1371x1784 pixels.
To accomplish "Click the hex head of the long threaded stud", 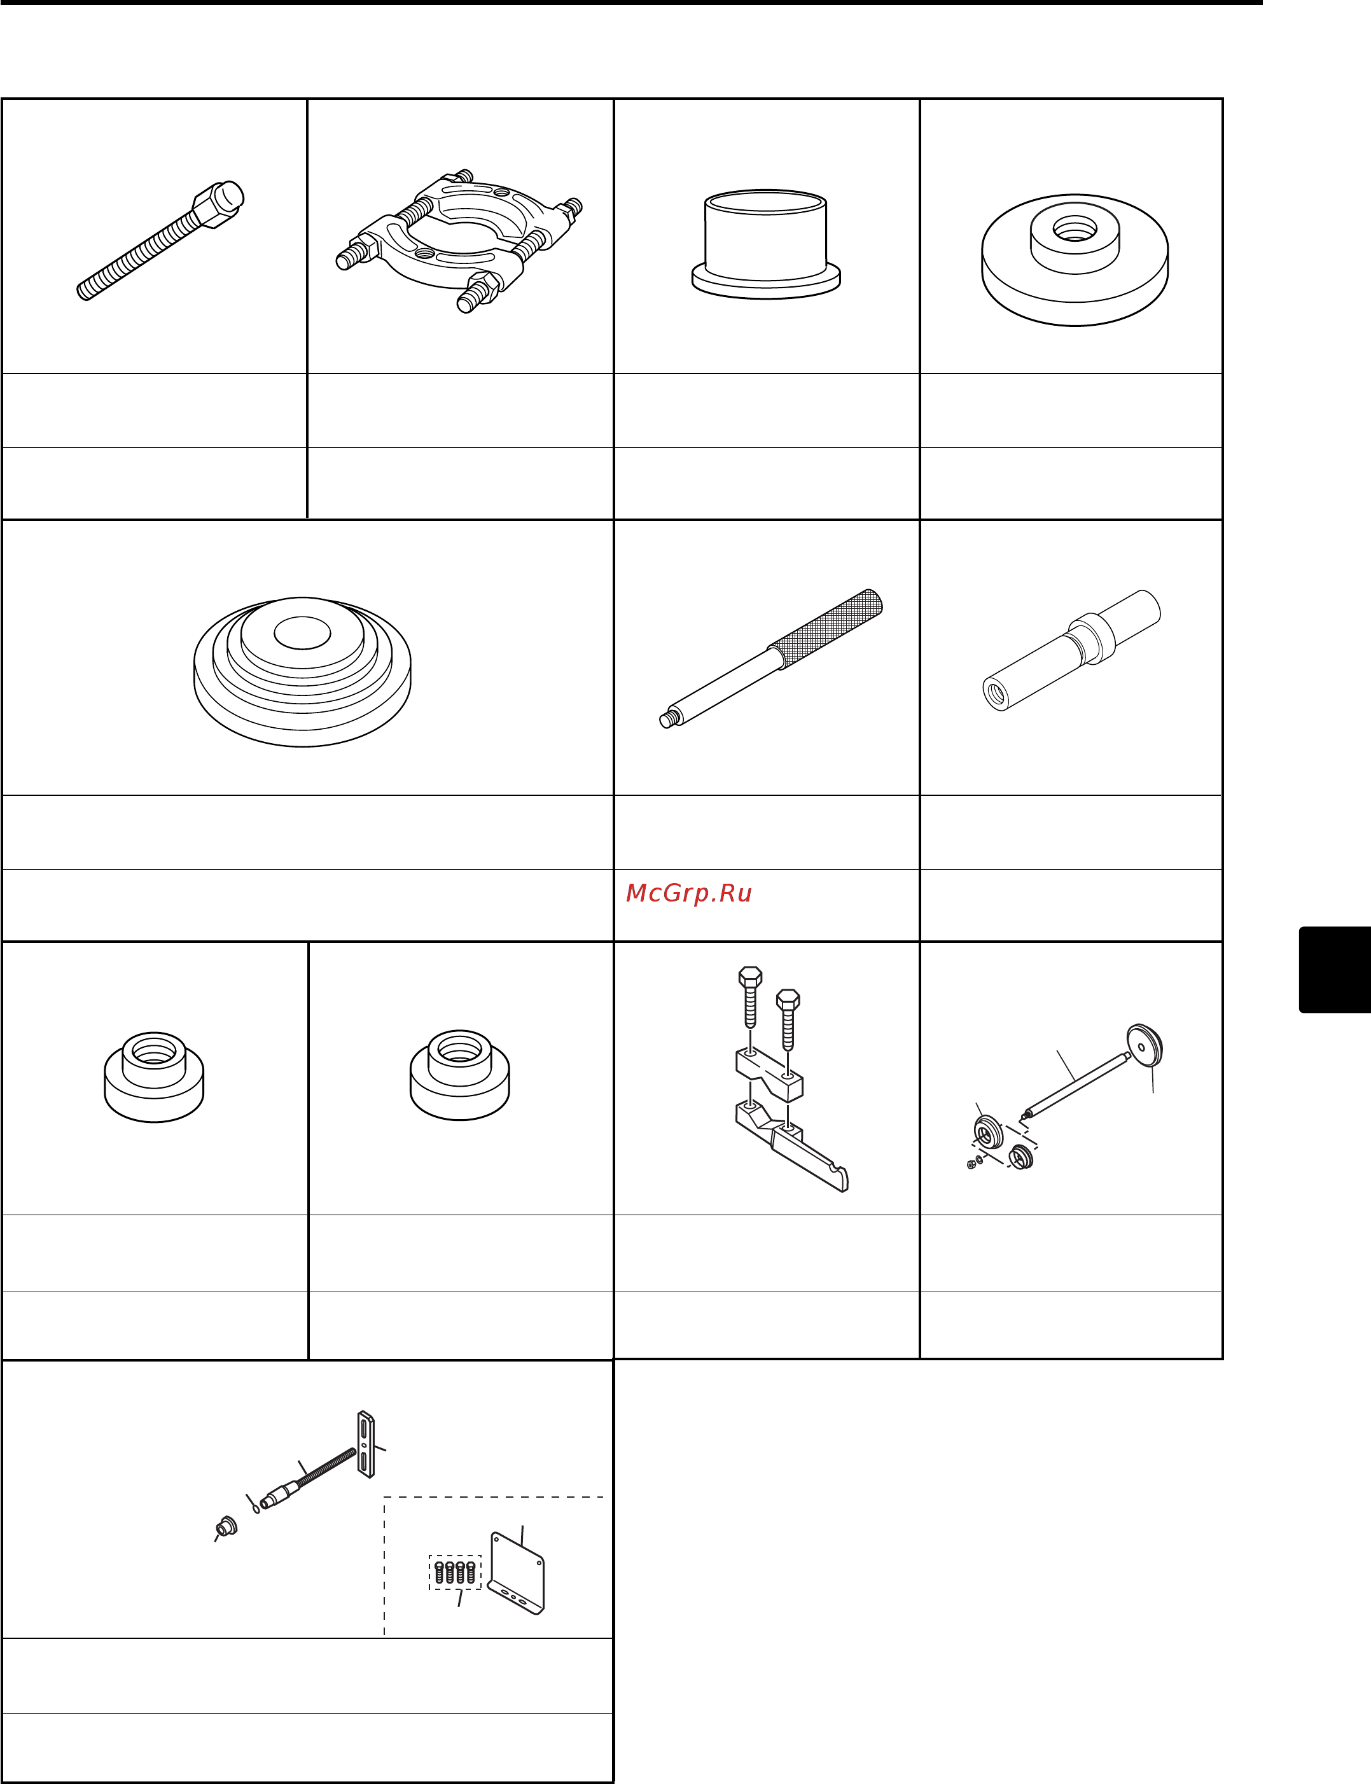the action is pos(219,205).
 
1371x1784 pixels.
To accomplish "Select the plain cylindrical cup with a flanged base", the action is pos(766,244).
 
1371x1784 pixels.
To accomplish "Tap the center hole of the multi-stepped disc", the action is pos(302,633).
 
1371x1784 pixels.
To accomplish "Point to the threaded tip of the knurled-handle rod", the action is pos(670,719).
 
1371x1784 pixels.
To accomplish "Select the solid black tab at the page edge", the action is pos(1335,970).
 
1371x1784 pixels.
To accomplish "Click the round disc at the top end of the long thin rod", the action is pos(1144,1045).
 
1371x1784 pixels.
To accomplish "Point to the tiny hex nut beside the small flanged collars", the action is pos(971,1164).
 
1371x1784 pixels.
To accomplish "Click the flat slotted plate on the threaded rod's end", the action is pos(366,1444).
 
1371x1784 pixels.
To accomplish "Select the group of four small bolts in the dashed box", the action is pos(454,1571).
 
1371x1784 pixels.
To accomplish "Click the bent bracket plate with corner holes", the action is pos(517,1573).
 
